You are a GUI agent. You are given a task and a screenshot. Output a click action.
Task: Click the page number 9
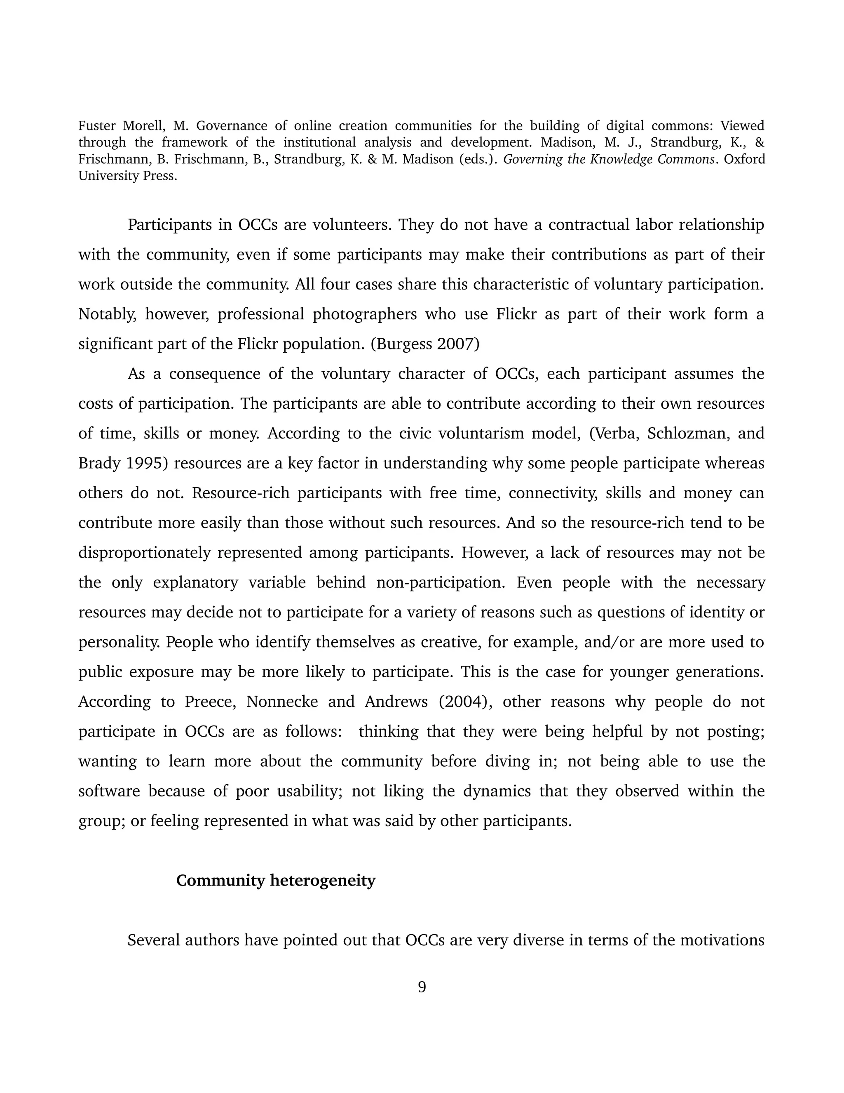[x=422, y=987]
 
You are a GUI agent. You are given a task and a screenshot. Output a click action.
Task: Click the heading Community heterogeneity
[x=276, y=880]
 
